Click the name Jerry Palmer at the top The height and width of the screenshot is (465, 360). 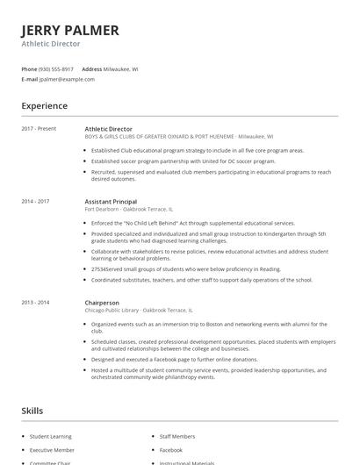(x=69, y=30)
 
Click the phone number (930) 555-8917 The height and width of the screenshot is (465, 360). (x=57, y=68)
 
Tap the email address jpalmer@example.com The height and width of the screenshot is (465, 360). (x=66, y=79)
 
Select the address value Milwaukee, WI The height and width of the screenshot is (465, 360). (x=121, y=68)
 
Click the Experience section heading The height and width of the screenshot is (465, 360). (x=44, y=106)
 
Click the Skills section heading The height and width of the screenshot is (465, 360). (x=32, y=410)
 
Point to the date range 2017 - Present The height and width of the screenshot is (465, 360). (x=39, y=129)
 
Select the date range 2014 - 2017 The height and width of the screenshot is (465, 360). (x=35, y=201)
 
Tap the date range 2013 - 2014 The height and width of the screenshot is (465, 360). (x=35, y=302)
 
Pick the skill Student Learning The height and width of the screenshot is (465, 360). (x=52, y=436)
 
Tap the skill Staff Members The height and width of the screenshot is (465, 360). (x=177, y=436)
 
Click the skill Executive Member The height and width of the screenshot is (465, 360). (x=52, y=449)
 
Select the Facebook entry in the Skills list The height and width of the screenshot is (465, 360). (x=171, y=449)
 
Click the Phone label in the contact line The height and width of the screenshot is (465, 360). (x=28, y=68)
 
